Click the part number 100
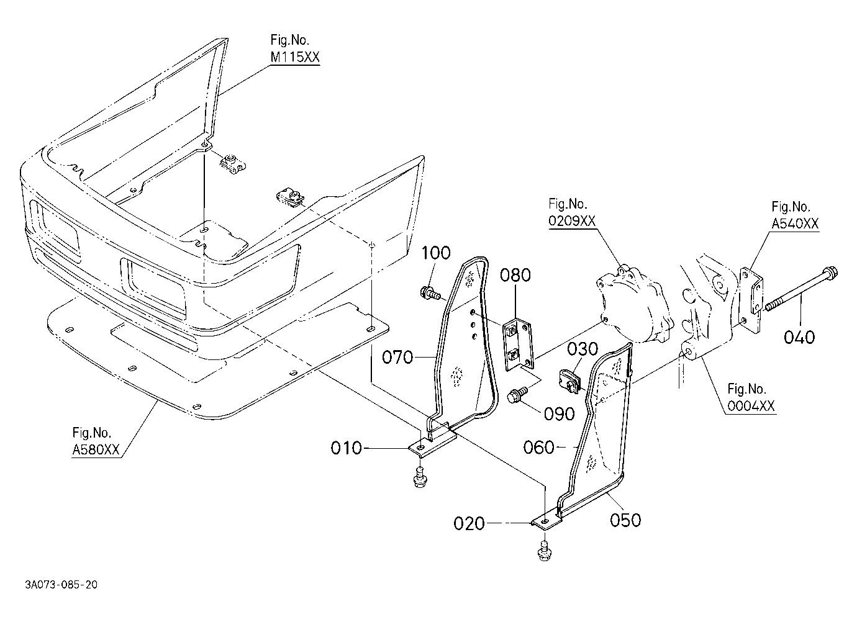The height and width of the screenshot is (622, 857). pos(436,253)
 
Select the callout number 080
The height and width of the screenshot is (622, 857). pos(515,275)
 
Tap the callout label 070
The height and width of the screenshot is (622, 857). pos(397,358)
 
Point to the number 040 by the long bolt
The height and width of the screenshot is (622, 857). pos(799,337)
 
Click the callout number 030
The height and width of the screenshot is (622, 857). pos(583,348)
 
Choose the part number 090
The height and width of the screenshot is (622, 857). pos(560,413)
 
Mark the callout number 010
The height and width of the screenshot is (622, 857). pos(347,448)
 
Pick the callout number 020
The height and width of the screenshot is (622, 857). pos(469,523)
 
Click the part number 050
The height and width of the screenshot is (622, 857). pos(625,520)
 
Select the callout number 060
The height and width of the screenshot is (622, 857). pos(538,447)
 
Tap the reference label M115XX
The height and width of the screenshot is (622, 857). pos(294,57)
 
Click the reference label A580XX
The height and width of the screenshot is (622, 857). pos(96,449)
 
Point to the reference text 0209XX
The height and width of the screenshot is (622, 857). pos(572,221)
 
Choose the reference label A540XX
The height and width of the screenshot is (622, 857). pos(795,223)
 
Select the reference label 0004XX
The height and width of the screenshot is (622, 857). pos(751,405)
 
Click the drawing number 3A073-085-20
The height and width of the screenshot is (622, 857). pos(61,585)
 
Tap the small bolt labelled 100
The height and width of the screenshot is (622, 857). pos(430,294)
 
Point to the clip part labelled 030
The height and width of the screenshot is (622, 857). pos(570,381)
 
